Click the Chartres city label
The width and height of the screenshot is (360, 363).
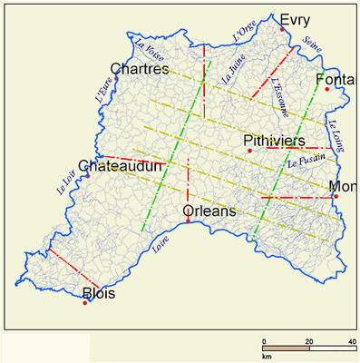[140, 69]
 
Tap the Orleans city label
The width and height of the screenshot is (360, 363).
[209, 211]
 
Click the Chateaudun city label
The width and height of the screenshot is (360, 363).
[121, 167]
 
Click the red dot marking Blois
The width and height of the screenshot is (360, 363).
[84, 302]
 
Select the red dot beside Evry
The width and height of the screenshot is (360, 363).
[283, 30]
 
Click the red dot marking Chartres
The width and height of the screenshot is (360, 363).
[116, 79]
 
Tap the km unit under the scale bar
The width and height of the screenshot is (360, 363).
[268, 357]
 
